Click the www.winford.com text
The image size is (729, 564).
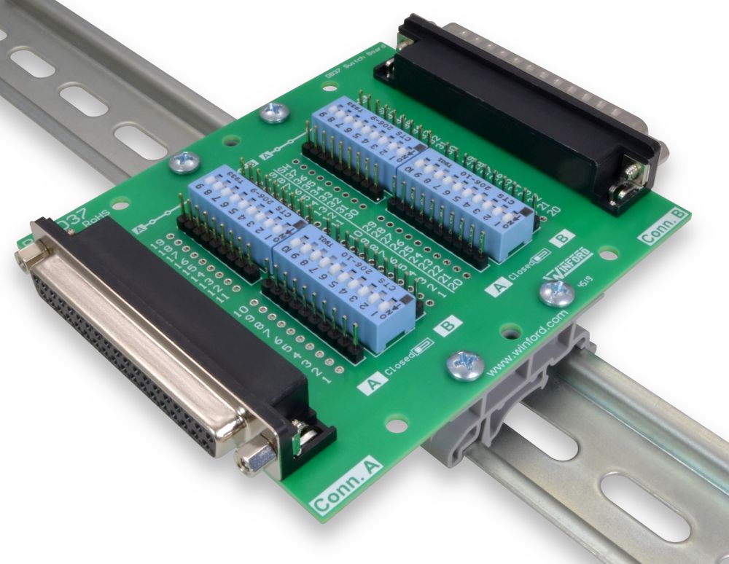pos(527,342)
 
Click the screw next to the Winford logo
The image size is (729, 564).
pos(558,293)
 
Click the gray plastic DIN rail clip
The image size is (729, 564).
pos(503,408)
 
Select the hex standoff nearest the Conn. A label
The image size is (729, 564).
pos(256,459)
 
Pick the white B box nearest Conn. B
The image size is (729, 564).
pos(562,238)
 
